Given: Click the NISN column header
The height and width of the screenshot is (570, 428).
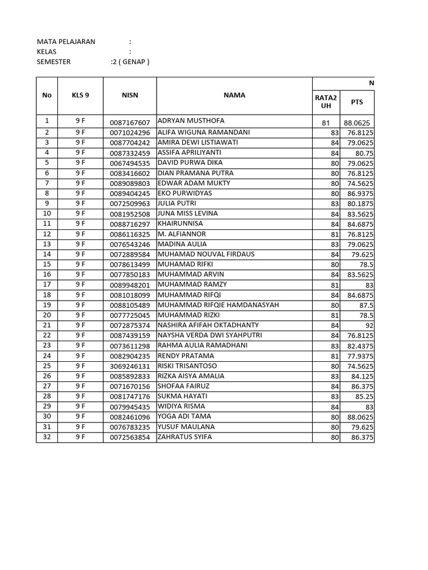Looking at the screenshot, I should point(129,95).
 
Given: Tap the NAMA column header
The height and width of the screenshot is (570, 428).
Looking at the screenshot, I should point(234,95).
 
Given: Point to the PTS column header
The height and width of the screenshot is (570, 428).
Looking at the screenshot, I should point(357,102).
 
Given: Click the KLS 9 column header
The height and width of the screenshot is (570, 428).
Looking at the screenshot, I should point(80,95).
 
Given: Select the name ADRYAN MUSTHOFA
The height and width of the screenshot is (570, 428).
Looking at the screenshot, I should point(191,121).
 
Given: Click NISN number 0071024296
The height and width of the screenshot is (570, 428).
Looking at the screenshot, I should point(130,132).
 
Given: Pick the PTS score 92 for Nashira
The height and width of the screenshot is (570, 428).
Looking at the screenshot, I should point(369,326).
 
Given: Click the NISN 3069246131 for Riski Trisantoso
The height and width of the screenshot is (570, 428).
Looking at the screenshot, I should point(130,366).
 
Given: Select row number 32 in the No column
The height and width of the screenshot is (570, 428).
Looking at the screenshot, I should point(47,438).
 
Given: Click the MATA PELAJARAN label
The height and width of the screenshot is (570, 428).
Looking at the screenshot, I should point(66,42).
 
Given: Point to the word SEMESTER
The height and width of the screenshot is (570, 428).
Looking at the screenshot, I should point(53,62).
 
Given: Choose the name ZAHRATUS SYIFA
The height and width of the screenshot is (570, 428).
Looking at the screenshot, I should point(184,437).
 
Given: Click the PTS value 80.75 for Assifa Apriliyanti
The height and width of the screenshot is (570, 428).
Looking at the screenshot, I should point(364,153).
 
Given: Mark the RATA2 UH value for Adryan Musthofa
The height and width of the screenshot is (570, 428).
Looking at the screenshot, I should point(327,122).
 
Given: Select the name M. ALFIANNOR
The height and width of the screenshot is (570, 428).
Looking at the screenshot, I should point(182,234).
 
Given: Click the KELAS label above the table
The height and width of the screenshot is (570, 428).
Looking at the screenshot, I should point(46,52).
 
